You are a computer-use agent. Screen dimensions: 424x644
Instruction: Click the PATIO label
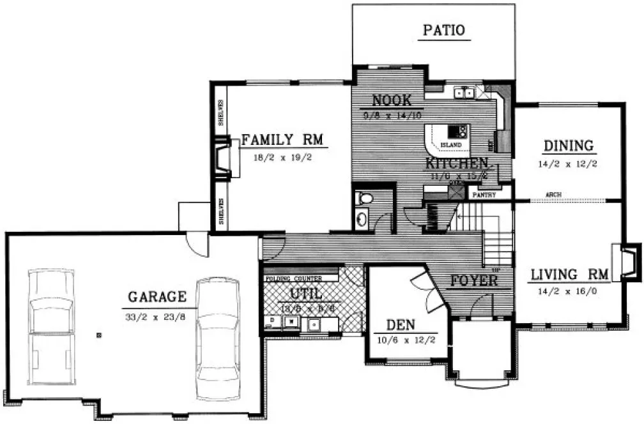click(x=444, y=29)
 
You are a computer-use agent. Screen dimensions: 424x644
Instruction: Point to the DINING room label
click(x=568, y=146)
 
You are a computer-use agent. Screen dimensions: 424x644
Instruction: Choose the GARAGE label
click(x=157, y=296)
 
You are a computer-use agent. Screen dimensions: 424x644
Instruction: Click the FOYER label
click(x=474, y=280)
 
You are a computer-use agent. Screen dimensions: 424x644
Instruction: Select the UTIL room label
click(x=305, y=294)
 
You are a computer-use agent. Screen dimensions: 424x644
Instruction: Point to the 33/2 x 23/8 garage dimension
click(x=157, y=315)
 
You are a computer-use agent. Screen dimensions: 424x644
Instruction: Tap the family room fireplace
click(x=224, y=160)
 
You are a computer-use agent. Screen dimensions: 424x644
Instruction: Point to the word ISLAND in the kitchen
click(x=450, y=145)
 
